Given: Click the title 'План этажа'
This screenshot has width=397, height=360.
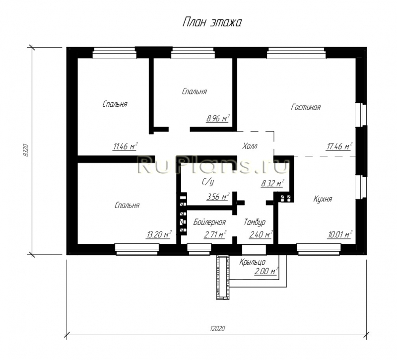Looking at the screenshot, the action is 212,22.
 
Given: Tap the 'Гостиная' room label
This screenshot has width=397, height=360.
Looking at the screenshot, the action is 306,107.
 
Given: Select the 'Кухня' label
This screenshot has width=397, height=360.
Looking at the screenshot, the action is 323,199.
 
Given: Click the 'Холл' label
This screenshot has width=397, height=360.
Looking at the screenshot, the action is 250,146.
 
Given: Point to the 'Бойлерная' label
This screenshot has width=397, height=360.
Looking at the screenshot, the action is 209,222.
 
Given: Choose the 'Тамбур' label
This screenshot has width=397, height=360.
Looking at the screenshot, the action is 255,222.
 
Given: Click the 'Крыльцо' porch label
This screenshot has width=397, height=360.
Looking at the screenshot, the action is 253,263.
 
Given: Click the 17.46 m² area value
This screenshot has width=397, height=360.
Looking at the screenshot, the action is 339,146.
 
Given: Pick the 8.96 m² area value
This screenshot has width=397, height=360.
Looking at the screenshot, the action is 218,118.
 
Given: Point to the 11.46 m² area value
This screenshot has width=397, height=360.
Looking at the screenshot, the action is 126,146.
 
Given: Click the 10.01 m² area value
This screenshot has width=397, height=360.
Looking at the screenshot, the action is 340,235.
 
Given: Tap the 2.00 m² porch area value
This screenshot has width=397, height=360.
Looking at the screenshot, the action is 266,271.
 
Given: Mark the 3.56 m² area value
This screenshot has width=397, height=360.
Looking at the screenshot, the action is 218,197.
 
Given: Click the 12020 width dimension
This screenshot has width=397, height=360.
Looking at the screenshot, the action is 217,329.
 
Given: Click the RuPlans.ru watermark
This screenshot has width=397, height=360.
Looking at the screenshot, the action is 213,165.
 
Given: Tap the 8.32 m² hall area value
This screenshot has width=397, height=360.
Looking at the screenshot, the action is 272,183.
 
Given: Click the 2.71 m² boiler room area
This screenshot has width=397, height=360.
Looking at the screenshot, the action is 215,235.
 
